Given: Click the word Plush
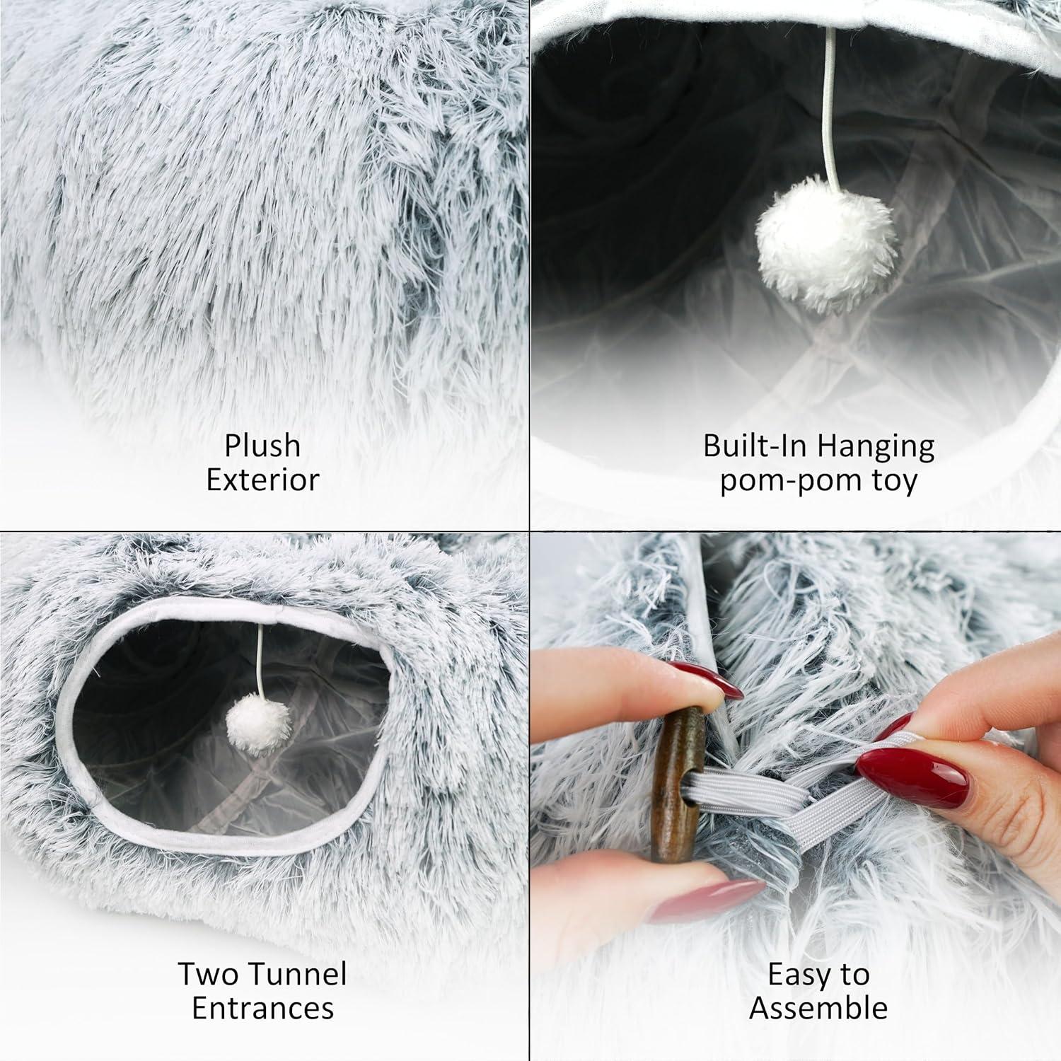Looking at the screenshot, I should [262, 447].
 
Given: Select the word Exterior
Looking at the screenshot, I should [262, 480].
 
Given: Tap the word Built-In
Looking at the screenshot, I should [753, 446].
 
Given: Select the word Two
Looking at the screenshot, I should [204, 974].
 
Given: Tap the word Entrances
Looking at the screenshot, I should [262, 1008].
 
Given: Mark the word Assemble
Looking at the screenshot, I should [818, 1008].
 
